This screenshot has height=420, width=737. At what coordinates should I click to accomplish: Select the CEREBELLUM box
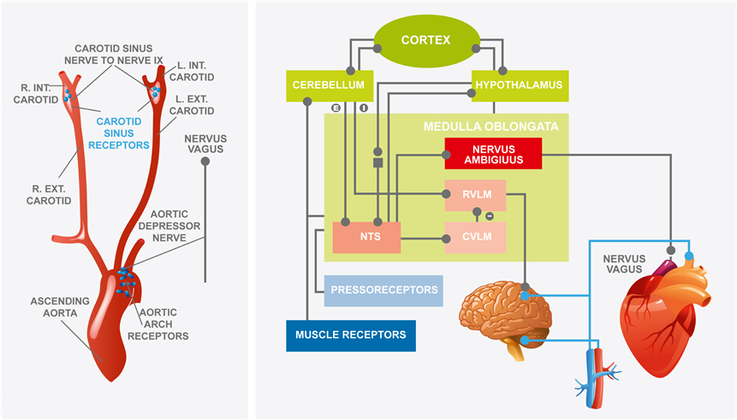(329, 86)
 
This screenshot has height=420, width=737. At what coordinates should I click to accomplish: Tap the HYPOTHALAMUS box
(520, 86)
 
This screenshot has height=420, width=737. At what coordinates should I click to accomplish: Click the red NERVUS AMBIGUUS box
(493, 154)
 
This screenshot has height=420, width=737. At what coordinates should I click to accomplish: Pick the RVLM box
(475, 195)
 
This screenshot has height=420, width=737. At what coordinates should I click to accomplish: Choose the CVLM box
(475, 237)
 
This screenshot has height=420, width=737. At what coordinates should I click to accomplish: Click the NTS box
(366, 237)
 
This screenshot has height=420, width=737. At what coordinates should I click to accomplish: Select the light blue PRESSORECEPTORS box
(383, 291)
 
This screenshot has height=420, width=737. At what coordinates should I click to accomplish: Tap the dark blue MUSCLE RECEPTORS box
(351, 335)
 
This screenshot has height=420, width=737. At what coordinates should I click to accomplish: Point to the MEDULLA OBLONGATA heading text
(491, 126)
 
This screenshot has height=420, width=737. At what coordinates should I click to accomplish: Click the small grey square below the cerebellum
(377, 161)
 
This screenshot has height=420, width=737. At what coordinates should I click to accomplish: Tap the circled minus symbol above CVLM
(489, 216)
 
